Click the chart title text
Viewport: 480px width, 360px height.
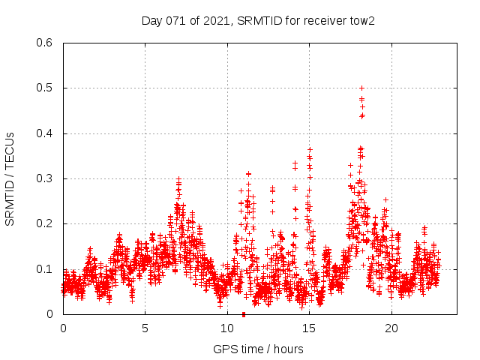click(x=258, y=20)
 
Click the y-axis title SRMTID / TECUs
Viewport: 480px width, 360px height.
click(x=10, y=178)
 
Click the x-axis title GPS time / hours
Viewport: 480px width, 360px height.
click(x=258, y=349)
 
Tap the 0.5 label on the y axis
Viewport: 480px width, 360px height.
click(x=45, y=88)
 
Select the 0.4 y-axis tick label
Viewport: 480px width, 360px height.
click(x=45, y=133)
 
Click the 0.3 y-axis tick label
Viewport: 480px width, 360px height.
click(x=45, y=178)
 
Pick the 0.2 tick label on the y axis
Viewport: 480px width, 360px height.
click(x=45, y=223)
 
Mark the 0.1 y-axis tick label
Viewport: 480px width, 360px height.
click(x=45, y=268)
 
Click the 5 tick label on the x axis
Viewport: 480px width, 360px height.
click(x=145, y=328)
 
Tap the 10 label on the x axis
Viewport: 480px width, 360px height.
click(x=227, y=328)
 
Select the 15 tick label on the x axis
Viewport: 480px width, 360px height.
click(x=310, y=328)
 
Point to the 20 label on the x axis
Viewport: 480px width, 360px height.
click(x=391, y=328)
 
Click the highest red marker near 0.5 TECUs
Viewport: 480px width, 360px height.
click(x=361, y=88)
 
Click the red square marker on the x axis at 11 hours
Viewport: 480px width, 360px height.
click(x=244, y=314)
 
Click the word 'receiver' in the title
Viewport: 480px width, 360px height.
click(x=322, y=20)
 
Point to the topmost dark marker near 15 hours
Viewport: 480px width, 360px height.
click(x=310, y=149)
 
